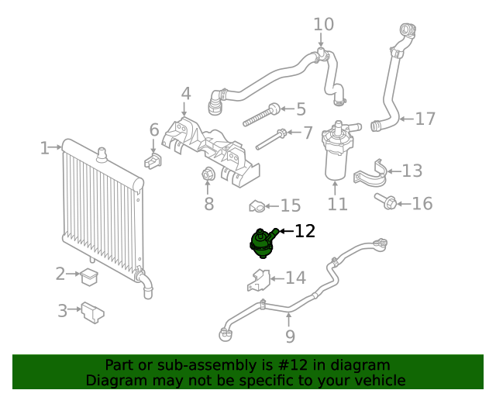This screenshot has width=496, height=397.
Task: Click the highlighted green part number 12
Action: coord(262,242)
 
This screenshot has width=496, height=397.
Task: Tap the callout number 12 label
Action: coord(305,231)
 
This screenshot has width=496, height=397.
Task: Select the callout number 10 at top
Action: coord(323,25)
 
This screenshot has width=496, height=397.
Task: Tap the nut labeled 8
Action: coord(208,176)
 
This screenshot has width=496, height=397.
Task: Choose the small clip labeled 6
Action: coord(153,161)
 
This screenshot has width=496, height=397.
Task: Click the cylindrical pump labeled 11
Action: coord(336,151)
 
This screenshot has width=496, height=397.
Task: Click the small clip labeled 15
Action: coord(257,206)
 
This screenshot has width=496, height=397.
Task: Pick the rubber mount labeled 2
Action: coord(90,274)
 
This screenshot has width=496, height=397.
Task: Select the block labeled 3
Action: coord(94,312)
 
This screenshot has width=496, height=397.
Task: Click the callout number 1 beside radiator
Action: coord(45,147)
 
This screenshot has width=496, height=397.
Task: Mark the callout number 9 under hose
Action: coord(290,337)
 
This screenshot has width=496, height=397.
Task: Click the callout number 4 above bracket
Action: coord(186,95)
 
